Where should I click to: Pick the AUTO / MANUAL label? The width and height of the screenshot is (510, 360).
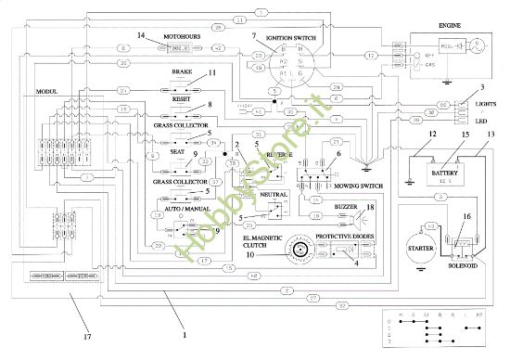point(186,210)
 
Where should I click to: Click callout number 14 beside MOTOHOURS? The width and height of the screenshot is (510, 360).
point(141,35)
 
